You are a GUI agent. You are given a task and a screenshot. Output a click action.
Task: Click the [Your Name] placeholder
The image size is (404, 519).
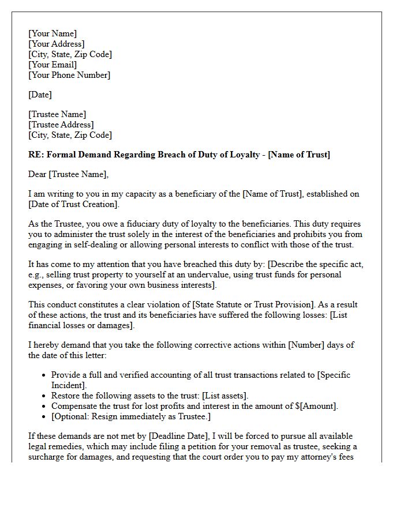(x=53, y=33)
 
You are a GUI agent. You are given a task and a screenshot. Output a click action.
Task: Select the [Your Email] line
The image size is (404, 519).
(x=53, y=65)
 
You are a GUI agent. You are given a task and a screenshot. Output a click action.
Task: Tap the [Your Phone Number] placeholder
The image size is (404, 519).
(x=69, y=75)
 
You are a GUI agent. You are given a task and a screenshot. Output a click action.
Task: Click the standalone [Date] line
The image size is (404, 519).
(x=40, y=95)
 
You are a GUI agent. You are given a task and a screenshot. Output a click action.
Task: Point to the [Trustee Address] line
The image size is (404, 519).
(x=61, y=125)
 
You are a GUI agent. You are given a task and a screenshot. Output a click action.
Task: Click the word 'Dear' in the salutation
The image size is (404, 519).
(x=38, y=174)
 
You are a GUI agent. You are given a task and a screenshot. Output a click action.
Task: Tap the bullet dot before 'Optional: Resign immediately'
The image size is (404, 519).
(x=44, y=417)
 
